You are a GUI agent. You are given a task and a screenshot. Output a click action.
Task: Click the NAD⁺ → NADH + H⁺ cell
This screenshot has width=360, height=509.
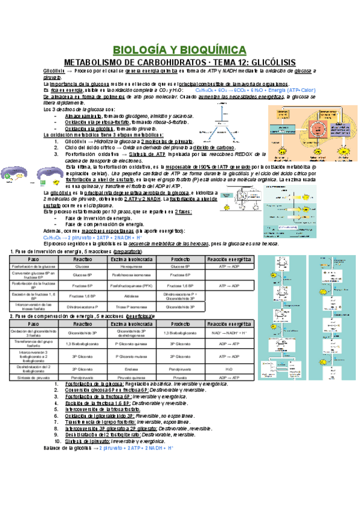pyautogui.click(x=228, y=332)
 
